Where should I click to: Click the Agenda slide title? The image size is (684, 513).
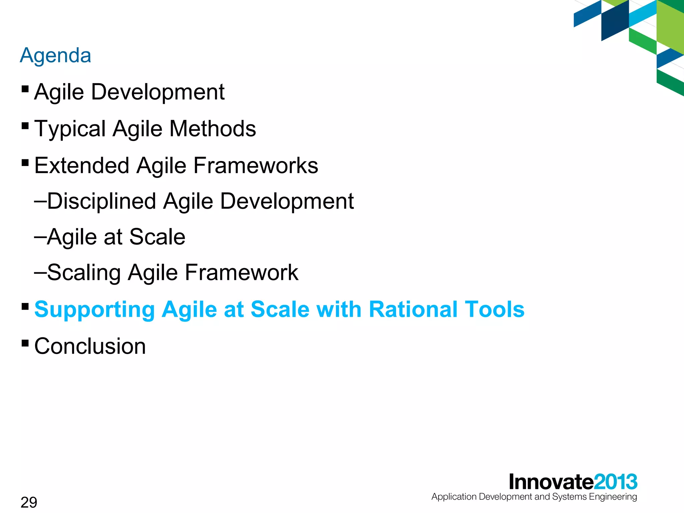tap(55, 55)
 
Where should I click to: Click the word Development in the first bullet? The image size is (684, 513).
tap(158, 92)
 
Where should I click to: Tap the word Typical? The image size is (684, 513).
tap(70, 129)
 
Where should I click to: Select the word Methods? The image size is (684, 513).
tap(212, 129)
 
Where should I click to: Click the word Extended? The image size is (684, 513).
tap(82, 166)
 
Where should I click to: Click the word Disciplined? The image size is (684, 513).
tap(102, 201)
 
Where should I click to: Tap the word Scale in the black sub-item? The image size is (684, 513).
tap(157, 237)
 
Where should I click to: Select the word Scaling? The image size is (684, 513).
tap(83, 273)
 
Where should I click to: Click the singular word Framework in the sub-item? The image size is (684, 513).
tap(241, 273)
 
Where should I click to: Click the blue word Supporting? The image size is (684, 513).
tap(94, 310)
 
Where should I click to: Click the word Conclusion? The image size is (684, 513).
tap(90, 346)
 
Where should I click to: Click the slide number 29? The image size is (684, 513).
tap(29, 502)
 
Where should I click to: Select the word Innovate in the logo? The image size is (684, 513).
tap(551, 482)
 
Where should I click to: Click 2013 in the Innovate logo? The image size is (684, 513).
tap(616, 482)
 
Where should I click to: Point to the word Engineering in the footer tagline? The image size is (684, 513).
tap(613, 497)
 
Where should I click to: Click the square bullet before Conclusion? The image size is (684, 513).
tap(25, 343)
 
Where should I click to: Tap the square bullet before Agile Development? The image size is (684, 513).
tap(25, 89)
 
